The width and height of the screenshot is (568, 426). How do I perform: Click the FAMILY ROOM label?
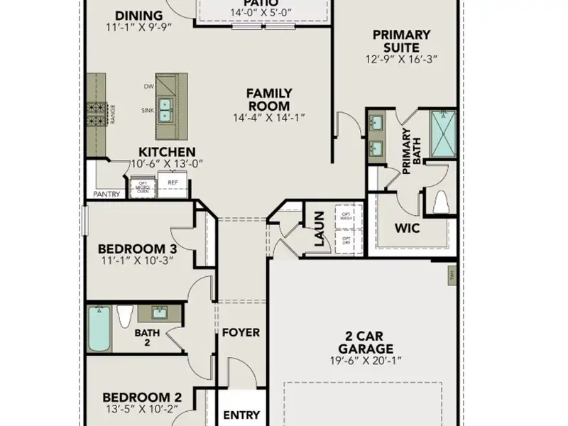pos(268,99)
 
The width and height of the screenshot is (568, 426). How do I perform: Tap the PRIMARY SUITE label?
pos(401,41)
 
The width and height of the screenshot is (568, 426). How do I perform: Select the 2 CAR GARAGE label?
pos(366,342)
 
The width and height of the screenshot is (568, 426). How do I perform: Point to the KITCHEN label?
pos(167,152)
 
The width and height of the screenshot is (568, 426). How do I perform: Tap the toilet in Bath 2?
pos(125,315)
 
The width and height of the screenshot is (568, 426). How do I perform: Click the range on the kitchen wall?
pos(97,111)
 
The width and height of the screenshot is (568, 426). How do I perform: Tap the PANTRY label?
pos(107,194)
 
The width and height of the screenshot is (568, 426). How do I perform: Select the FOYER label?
pos(241,332)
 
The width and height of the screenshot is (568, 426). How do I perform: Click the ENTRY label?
pos(241,415)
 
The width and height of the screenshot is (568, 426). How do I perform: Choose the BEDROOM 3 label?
pos(137,248)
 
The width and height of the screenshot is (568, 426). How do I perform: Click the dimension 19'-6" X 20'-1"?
pos(366,361)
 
